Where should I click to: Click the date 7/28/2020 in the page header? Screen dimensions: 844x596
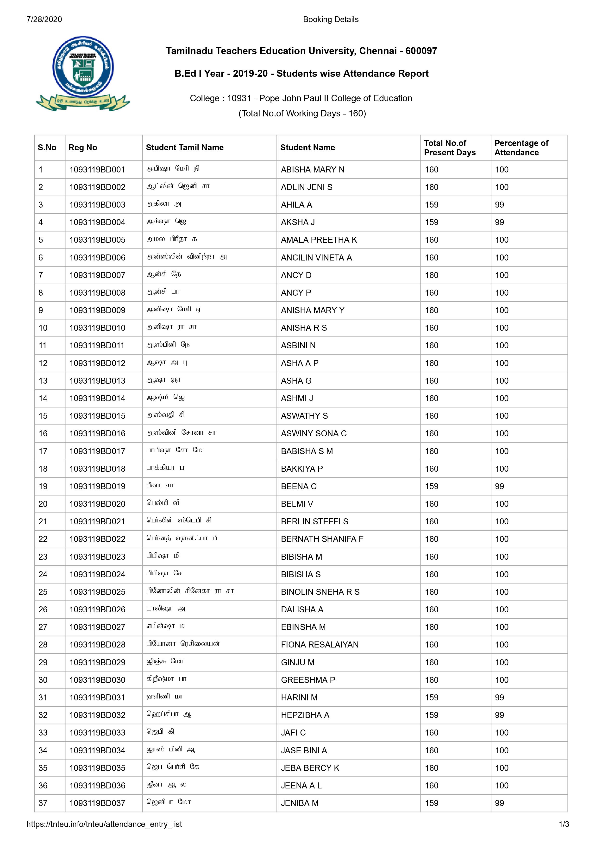[x=44, y=19]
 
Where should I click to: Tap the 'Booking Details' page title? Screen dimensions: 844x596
[x=331, y=19]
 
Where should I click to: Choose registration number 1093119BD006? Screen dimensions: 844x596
[x=97, y=258]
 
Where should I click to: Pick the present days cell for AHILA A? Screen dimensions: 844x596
[x=432, y=205]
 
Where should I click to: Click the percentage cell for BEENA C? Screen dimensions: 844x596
[x=499, y=486]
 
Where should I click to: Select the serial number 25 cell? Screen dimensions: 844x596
[x=43, y=592]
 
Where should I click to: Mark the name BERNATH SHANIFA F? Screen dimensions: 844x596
[x=322, y=539]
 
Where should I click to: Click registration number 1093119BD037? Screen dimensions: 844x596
[x=97, y=803]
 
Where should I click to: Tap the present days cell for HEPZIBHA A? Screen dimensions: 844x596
[x=432, y=715]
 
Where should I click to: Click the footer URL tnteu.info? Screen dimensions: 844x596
[x=104, y=824]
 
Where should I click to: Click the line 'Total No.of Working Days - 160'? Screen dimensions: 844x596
[x=302, y=113]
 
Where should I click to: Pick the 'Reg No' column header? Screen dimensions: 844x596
[x=83, y=147]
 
